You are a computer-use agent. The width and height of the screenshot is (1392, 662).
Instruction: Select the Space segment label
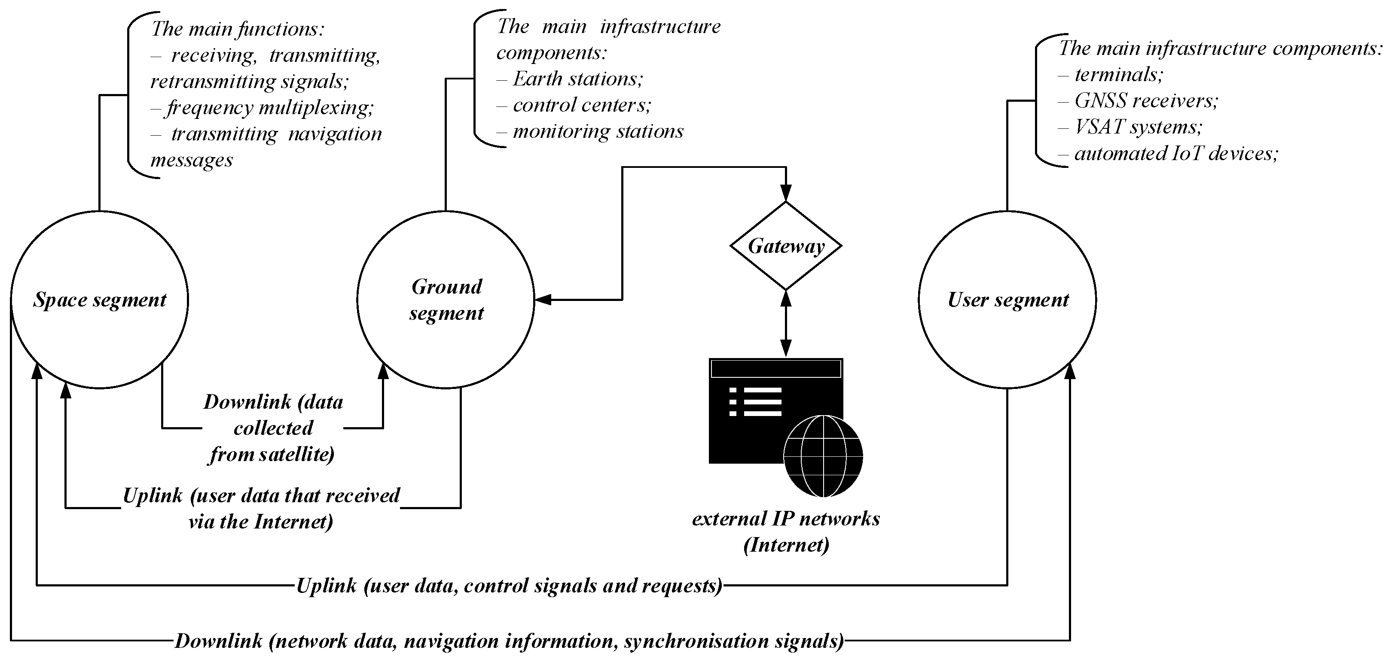coord(100,300)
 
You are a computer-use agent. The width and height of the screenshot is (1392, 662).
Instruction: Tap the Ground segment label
coord(446,300)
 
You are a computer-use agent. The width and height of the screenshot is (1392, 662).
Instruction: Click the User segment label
coord(1008,300)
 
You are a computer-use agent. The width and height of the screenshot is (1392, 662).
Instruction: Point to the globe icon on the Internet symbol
coord(823,456)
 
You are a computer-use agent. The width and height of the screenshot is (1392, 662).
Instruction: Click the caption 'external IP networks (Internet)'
coord(786,531)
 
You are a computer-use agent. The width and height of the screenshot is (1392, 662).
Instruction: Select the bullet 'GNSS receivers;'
coord(1145,100)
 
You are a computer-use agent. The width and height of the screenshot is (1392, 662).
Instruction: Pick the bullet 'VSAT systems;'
coord(1138,127)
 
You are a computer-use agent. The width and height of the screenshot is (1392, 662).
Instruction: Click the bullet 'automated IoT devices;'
coord(1175,153)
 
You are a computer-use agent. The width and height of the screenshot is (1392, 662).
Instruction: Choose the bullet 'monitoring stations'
coord(598,131)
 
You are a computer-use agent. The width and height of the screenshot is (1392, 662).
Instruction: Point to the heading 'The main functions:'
coord(238,29)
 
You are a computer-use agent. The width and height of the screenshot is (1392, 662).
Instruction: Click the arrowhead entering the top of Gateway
coord(786,193)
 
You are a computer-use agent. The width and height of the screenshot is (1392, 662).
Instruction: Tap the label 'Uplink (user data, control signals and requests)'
coord(509,585)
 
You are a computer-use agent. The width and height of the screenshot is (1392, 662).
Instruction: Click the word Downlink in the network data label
coord(218,641)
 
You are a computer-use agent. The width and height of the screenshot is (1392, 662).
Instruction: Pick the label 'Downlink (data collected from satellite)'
coord(273,428)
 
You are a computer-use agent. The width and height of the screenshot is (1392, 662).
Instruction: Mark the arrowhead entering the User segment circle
coord(1070,371)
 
